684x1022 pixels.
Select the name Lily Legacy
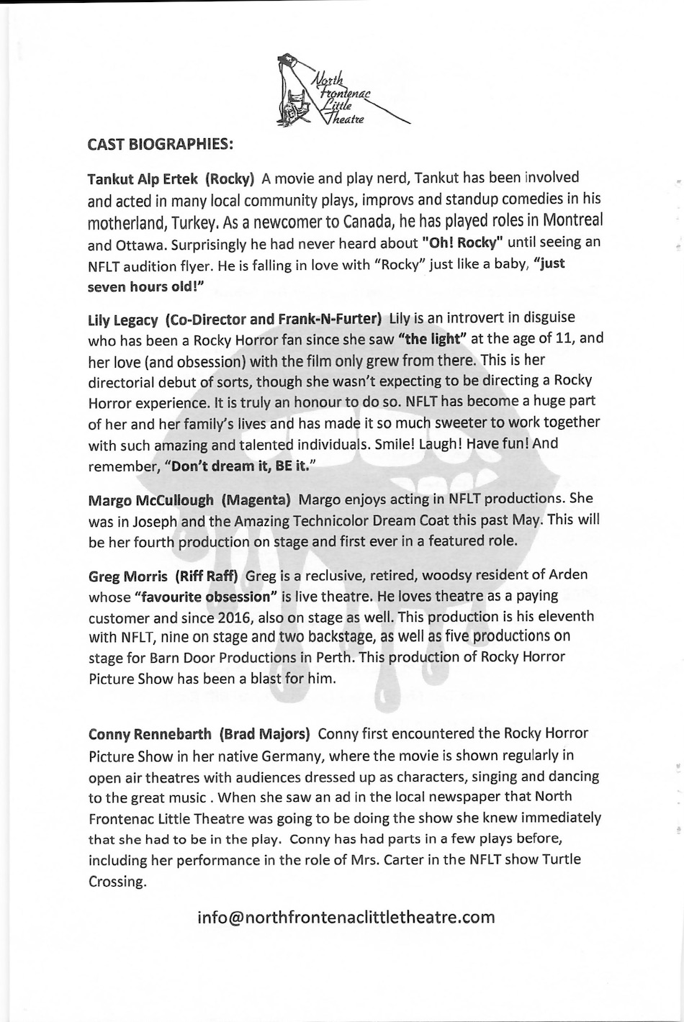tap(122, 319)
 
